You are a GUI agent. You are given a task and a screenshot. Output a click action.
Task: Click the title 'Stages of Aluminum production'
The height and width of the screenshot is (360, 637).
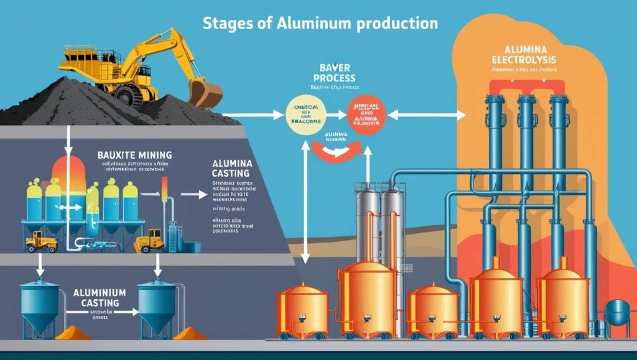[320, 24]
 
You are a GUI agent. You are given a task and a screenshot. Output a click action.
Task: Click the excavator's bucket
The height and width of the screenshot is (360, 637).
[205, 93]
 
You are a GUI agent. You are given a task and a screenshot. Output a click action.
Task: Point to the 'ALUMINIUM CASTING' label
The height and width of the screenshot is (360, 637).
[100, 296]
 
